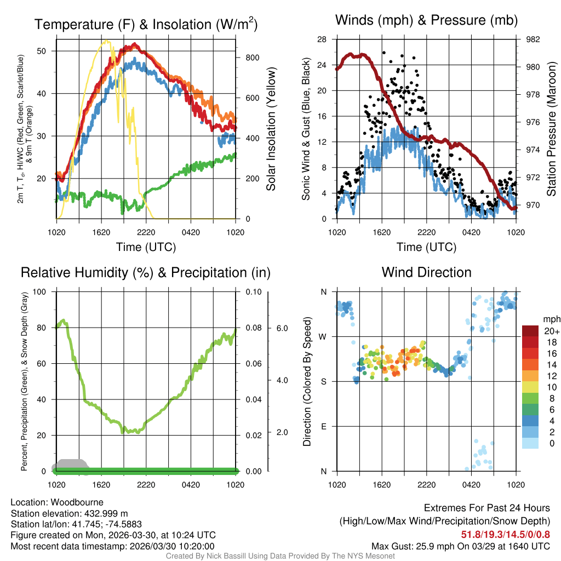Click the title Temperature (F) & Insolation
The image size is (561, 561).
point(146,24)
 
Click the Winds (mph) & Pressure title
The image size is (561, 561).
point(426,20)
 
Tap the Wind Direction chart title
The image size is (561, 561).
point(426,272)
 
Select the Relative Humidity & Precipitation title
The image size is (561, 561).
point(146,272)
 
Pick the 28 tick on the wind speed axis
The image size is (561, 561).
point(322,39)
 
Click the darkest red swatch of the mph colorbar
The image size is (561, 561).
point(530,331)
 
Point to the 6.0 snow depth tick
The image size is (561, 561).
point(282,328)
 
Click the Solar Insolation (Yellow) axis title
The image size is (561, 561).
point(271,129)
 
